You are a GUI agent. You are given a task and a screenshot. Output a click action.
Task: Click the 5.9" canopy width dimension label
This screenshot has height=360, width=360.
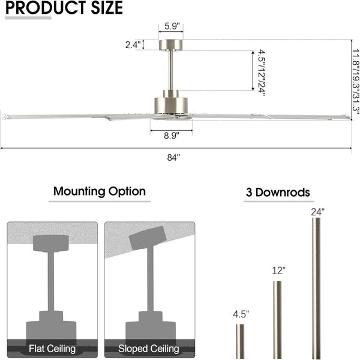(x=170, y=26)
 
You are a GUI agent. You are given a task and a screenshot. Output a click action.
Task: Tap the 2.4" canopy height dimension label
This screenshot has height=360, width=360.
(x=133, y=45)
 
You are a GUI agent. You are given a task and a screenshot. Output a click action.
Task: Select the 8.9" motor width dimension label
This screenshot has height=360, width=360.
(x=171, y=136)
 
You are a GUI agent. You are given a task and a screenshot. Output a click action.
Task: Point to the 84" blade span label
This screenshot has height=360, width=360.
(x=173, y=157)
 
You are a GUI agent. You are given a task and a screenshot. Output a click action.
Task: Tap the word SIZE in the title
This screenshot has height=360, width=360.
(x=107, y=8)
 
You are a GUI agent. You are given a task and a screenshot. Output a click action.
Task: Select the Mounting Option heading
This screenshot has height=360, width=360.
(x=100, y=191)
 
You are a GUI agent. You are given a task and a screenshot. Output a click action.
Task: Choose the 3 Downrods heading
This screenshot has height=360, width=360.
(x=278, y=192)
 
